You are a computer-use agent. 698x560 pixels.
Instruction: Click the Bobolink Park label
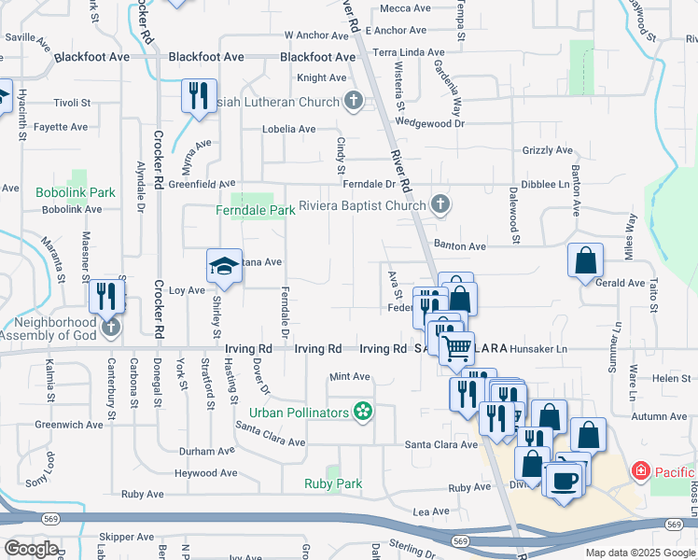point(76,192)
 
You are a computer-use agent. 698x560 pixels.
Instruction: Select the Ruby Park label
point(332,483)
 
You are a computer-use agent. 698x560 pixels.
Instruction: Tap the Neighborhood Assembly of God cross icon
point(112,327)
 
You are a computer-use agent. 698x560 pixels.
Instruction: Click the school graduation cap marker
point(223,266)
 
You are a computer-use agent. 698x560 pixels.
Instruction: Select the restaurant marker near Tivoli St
point(198,96)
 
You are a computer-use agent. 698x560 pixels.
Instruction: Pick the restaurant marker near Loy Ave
point(107,296)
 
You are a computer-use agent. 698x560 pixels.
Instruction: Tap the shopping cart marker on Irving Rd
point(456,348)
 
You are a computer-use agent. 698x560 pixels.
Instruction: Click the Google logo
point(32,548)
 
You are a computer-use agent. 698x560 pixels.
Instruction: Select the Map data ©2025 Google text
point(639,553)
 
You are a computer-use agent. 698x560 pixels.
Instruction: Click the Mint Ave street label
point(350,377)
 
